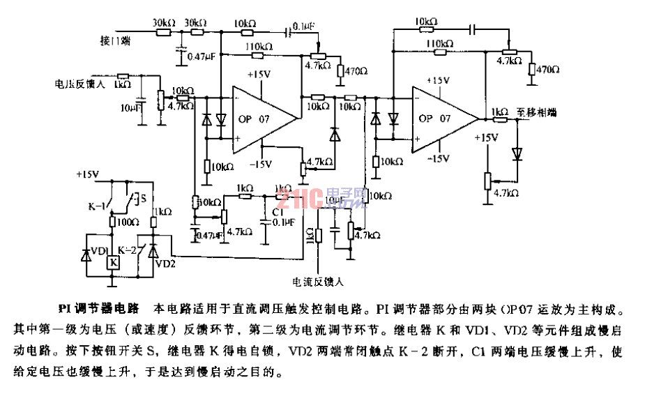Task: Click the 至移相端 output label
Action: click(537, 112)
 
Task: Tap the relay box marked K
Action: click(112, 262)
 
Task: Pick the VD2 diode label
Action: click(165, 264)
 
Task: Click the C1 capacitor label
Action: click(279, 210)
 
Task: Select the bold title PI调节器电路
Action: click(98, 307)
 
